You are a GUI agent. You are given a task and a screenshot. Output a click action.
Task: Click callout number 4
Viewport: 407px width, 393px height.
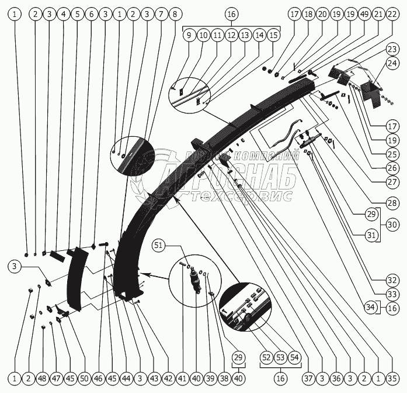63,13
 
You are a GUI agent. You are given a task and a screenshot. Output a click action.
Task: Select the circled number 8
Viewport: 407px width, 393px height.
173,13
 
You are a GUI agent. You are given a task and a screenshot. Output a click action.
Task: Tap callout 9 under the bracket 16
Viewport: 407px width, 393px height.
189,35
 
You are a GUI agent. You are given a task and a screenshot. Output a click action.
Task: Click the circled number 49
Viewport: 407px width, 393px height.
349,13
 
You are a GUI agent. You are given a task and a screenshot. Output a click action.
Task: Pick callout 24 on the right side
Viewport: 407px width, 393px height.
391,63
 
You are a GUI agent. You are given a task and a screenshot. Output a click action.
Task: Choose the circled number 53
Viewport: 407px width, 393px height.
280,356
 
